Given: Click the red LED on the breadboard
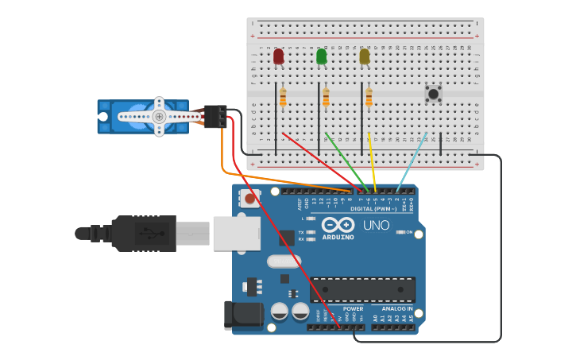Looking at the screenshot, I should tap(278, 56).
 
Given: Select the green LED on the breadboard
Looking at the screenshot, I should tap(321, 56).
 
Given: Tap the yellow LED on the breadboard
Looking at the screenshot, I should tap(364, 56).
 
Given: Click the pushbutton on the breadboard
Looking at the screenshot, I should tap(433, 94).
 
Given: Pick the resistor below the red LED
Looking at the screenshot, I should tap(283, 97).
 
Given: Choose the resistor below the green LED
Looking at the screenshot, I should tap(326, 97).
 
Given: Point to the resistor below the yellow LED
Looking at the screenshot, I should tap(369, 97).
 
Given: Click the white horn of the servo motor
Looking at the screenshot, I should tap(159, 116).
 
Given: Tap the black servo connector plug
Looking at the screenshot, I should tap(215, 116).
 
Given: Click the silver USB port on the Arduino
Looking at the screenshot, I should tap(236, 234).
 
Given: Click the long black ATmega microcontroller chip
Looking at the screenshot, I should tap(362, 289).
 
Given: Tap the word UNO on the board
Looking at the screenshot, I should tap(376, 225).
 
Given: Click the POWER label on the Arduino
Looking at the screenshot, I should tap(353, 308).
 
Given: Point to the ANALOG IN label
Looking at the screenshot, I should tap(396, 308).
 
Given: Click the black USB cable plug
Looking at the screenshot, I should tap(143, 233).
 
